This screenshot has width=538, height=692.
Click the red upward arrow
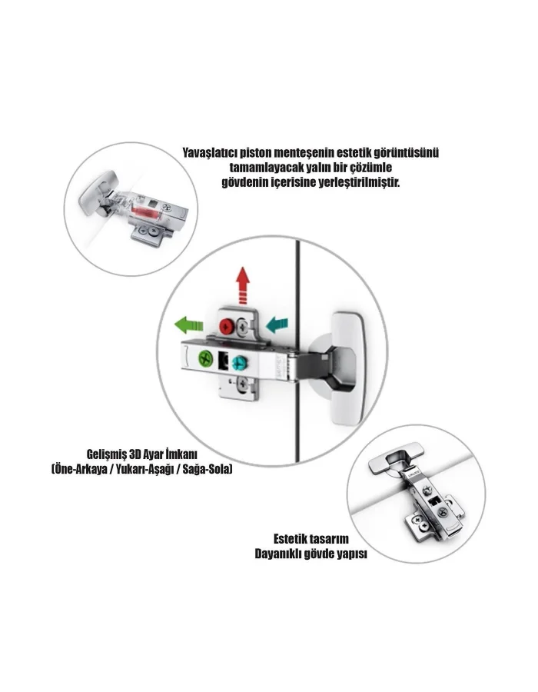tap(243, 285)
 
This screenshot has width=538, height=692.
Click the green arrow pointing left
tap(189, 325)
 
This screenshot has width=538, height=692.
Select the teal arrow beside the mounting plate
tap(277, 324)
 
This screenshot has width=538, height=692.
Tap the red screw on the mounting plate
tap(226, 327)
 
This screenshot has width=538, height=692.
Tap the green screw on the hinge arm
tap(206, 358)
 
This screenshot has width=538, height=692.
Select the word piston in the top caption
tap(256, 153)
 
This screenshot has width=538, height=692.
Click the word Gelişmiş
tap(105, 454)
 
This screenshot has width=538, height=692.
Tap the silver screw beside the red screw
tap(242, 327)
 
